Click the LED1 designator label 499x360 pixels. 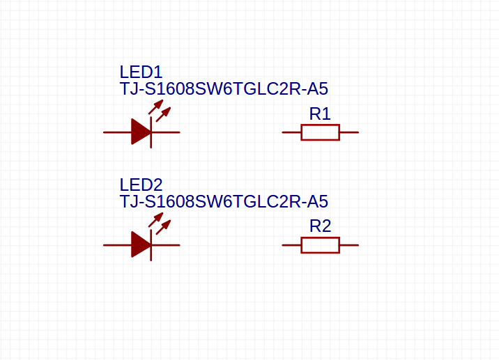(141, 72)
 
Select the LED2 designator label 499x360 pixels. (141, 185)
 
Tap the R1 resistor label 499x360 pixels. (320, 114)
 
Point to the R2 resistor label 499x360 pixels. (320, 226)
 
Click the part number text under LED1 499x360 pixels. (224, 89)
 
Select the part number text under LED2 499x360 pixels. (224, 202)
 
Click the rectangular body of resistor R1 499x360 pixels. (320, 132)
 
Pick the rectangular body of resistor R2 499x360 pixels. (320, 245)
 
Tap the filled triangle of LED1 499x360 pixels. (140, 132)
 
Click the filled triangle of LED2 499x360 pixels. (140, 244)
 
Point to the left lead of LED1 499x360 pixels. (116, 132)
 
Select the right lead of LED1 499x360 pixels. (167, 132)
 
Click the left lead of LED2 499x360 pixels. (116, 245)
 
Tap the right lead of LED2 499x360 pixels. (167, 245)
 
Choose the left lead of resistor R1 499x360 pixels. (291, 132)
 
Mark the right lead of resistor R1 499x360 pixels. (348, 132)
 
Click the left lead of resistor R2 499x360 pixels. (291, 245)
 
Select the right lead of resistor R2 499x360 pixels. (348, 245)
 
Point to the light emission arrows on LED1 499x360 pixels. (160, 110)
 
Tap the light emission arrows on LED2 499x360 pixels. (160, 223)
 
